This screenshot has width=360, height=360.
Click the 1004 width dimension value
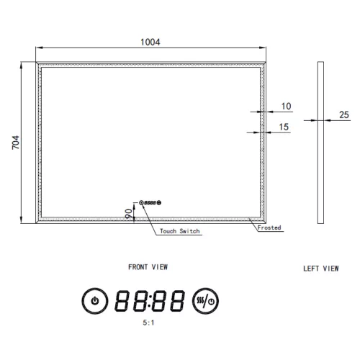[x=150, y=42]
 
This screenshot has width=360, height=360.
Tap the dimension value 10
[x=286, y=107]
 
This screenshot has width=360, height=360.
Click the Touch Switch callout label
[x=180, y=231]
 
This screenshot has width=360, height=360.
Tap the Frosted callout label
[x=269, y=228]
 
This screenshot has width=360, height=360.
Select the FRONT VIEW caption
[x=148, y=266]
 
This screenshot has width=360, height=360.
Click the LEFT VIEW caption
[x=320, y=269]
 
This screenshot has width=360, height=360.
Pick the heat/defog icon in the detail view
[x=207, y=300]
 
